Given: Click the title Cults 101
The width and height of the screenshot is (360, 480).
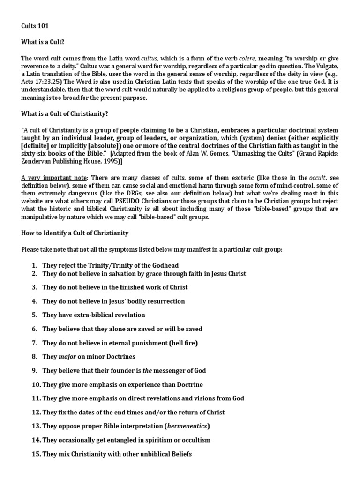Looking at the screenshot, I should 35,27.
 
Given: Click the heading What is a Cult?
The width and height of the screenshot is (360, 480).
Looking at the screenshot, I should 42,42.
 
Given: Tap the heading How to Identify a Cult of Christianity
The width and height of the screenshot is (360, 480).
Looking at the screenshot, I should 75,233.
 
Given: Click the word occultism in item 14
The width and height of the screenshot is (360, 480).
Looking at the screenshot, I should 192,440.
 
